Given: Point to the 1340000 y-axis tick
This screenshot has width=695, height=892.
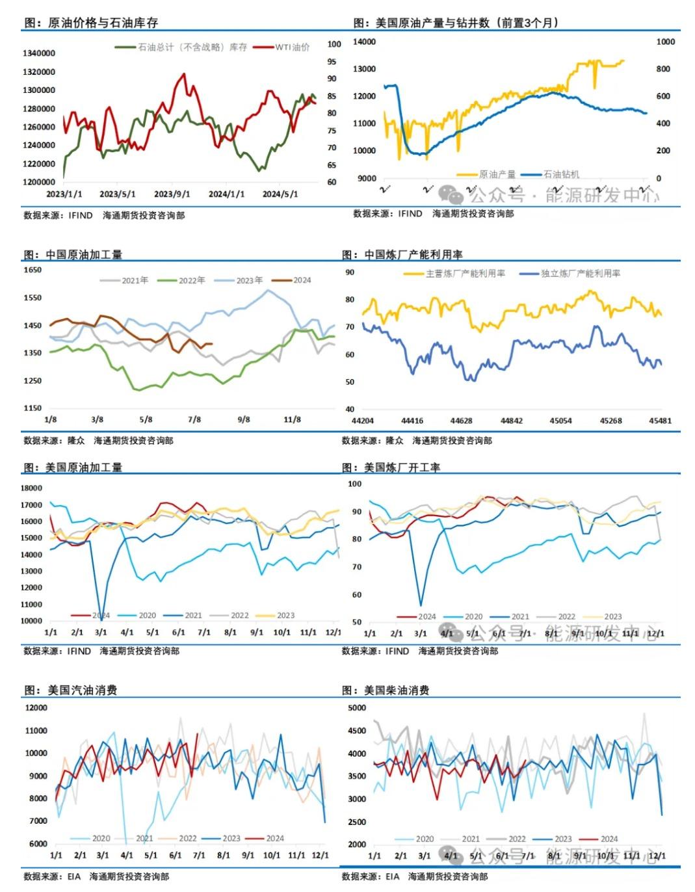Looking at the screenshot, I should [39, 53].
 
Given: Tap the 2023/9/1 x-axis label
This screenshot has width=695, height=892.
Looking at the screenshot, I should [172, 194].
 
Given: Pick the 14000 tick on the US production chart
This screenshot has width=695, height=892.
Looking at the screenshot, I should [364, 42].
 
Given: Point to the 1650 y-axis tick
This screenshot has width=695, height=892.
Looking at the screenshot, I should [33, 270].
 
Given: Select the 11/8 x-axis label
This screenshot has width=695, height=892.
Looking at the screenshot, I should [293, 420].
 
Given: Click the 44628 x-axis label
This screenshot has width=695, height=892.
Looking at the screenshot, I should [462, 421].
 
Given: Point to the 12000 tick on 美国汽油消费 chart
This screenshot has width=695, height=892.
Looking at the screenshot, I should [36, 708].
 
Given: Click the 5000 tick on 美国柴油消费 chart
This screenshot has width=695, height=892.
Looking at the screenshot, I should [357, 708].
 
